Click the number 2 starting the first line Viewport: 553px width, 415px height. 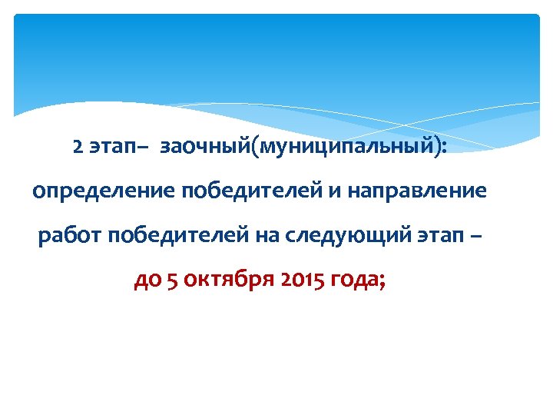(x=78, y=147)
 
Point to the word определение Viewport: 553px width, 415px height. (x=103, y=191)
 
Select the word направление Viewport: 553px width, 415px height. (x=416, y=191)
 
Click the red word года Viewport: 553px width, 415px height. (x=355, y=281)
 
